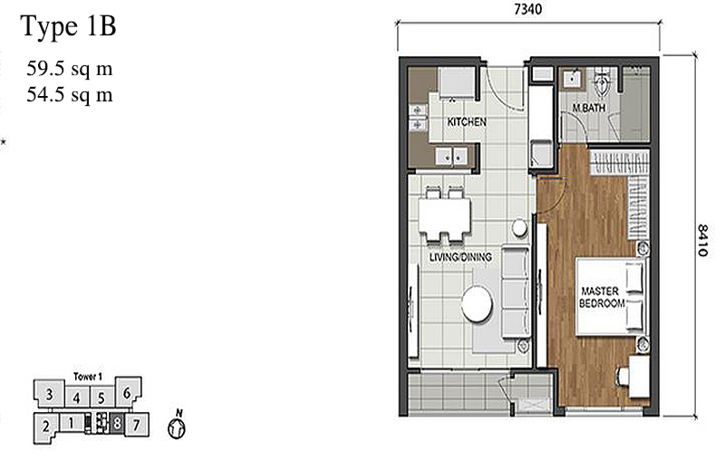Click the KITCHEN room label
click(x=467, y=121)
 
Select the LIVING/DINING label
click(x=460, y=257)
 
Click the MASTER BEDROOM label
click(x=599, y=297)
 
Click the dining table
click(x=444, y=215)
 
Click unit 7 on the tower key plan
click(x=135, y=423)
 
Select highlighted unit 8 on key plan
click(x=117, y=423)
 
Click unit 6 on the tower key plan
click(x=128, y=393)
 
